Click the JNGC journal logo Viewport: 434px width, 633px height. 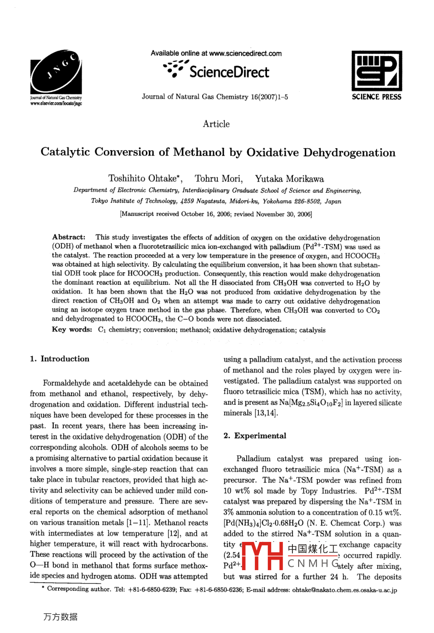coord(56,70)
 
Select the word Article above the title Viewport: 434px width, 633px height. coord(216,124)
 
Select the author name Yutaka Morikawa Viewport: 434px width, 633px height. coord(289,179)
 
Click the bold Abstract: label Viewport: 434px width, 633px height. coord(69,237)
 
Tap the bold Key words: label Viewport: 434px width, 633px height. coord(72,330)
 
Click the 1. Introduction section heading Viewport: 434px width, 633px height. coord(60,359)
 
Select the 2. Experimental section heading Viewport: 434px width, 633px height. coord(254,436)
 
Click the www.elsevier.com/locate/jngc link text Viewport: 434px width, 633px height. coord(56,103)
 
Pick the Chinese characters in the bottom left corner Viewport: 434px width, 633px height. coord(60,617)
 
